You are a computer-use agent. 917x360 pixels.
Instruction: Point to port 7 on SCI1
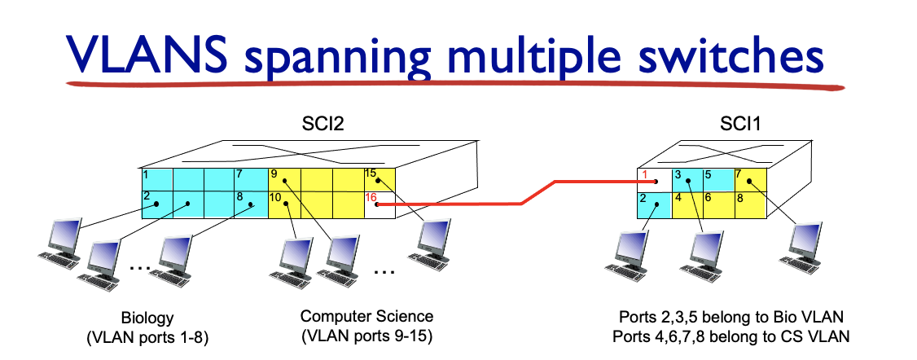(x=749, y=180)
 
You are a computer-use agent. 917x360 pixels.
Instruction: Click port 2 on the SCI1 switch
(x=652, y=204)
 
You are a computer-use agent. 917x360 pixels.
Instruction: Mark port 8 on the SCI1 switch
(x=749, y=204)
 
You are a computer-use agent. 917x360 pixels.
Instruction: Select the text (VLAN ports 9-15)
(x=366, y=334)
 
